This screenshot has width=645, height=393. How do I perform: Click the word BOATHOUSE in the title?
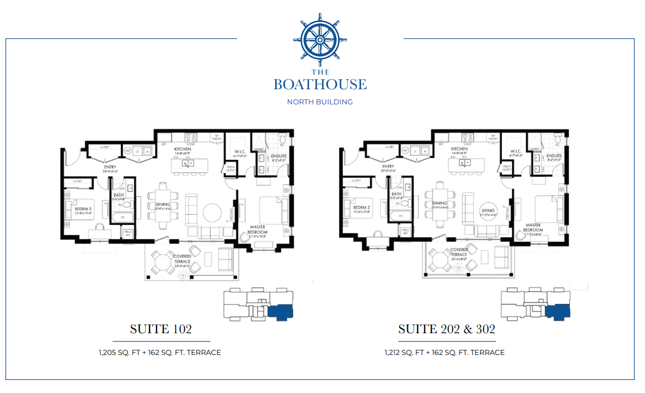point(320,84)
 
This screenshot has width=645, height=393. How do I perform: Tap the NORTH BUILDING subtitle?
point(320,102)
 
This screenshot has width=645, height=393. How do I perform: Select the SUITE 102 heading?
point(160,329)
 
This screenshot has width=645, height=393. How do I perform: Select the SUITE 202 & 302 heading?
point(446,329)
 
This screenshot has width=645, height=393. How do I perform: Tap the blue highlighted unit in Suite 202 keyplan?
point(557,312)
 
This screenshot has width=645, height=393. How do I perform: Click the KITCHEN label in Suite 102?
point(182,149)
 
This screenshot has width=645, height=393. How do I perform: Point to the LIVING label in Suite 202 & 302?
point(488,210)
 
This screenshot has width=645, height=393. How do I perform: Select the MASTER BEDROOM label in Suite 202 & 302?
point(532,227)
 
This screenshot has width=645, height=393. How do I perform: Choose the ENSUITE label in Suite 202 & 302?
point(554,155)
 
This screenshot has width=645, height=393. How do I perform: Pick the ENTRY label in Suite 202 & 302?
point(388,167)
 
